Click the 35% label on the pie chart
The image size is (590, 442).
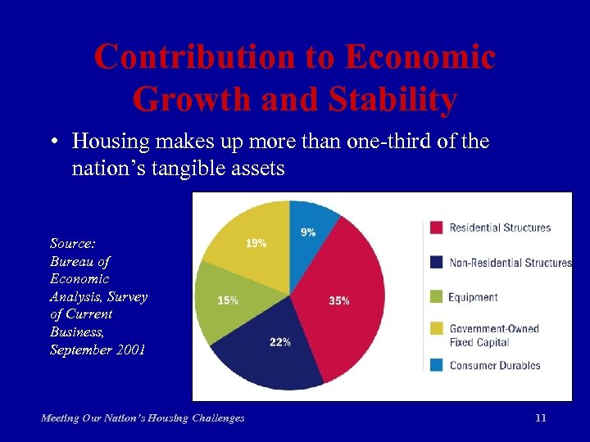click(x=338, y=300)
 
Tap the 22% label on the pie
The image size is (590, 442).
click(x=280, y=341)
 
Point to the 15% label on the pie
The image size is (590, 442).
click(x=228, y=300)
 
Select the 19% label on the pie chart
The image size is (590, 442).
click(x=256, y=243)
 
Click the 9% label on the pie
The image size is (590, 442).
click(x=308, y=232)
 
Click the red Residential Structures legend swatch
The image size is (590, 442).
click(x=436, y=228)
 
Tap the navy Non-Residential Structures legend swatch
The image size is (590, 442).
click(x=436, y=263)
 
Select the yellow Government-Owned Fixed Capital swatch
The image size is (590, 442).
click(x=436, y=330)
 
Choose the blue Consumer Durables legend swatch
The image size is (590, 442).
click(x=436, y=365)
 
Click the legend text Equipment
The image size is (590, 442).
click(x=473, y=298)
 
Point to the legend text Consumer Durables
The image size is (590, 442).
click(x=495, y=365)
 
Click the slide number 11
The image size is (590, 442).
click(x=540, y=417)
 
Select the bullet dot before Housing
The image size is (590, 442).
click(x=52, y=142)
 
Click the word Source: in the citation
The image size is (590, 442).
click(x=72, y=243)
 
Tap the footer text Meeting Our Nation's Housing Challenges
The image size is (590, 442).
click(x=143, y=418)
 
